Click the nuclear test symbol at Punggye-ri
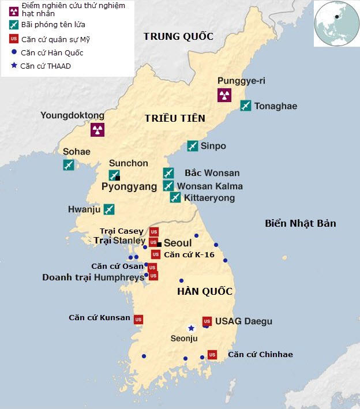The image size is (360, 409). pos(224,95)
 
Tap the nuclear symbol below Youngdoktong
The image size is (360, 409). pos(97,129)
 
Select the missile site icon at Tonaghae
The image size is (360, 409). pos(246,106)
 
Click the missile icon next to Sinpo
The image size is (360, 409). pos(193,146)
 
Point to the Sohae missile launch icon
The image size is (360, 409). pos(69,165)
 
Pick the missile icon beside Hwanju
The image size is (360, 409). pos(108,209)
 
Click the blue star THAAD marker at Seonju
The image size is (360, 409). pos(191,328)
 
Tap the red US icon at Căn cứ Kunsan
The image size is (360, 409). pos(138,319)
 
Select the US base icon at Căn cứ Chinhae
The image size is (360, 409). pos(212,354)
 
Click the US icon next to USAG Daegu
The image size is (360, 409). pos(207,321)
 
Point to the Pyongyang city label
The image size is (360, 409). pos(129,187)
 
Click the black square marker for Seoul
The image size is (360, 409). pos(159,244)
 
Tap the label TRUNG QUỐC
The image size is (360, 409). pos(178,37)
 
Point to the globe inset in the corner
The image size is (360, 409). pos(336,24)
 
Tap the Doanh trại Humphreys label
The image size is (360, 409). pos(93,277)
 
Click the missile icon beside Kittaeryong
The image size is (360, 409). pos(175,198)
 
